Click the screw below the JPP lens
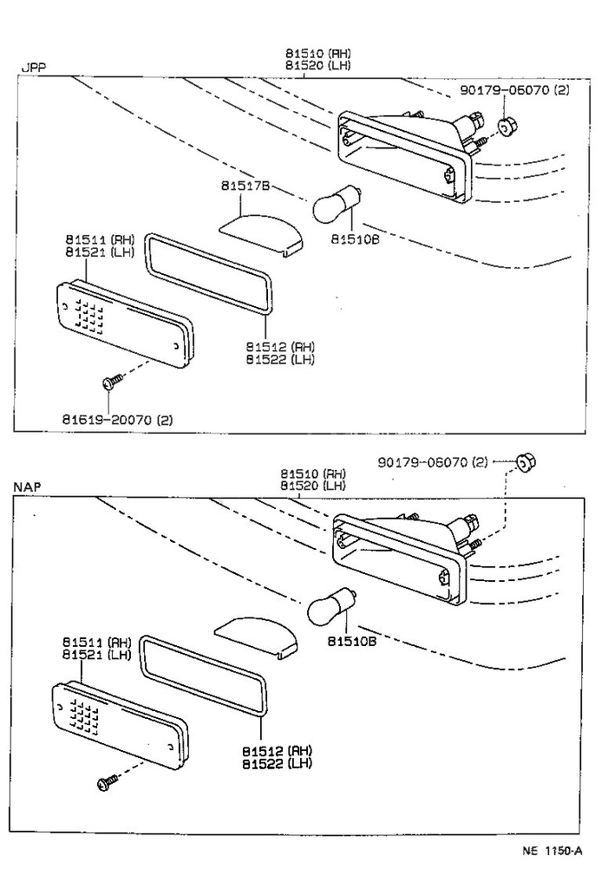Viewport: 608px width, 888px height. point(110,382)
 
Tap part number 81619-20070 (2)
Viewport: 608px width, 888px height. point(117,420)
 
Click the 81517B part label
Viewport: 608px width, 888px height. point(245,186)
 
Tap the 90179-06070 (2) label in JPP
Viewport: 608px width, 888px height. point(515,89)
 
